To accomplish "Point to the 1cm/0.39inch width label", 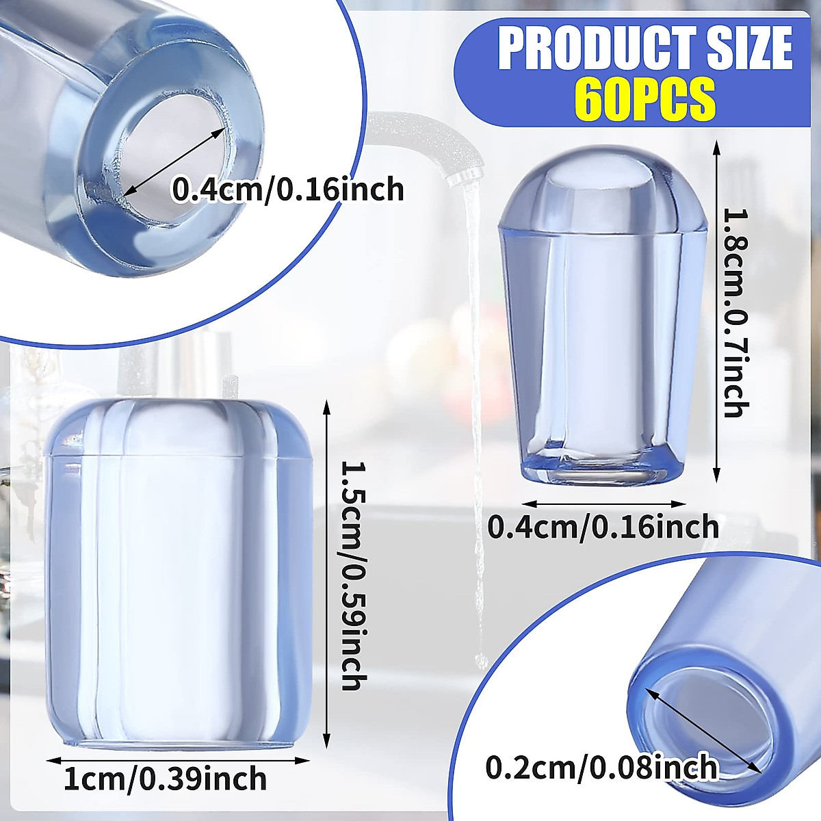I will pos(165,778).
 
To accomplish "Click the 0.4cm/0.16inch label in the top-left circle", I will pos(287,189).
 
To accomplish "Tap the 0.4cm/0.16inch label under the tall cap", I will pos(603,527).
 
